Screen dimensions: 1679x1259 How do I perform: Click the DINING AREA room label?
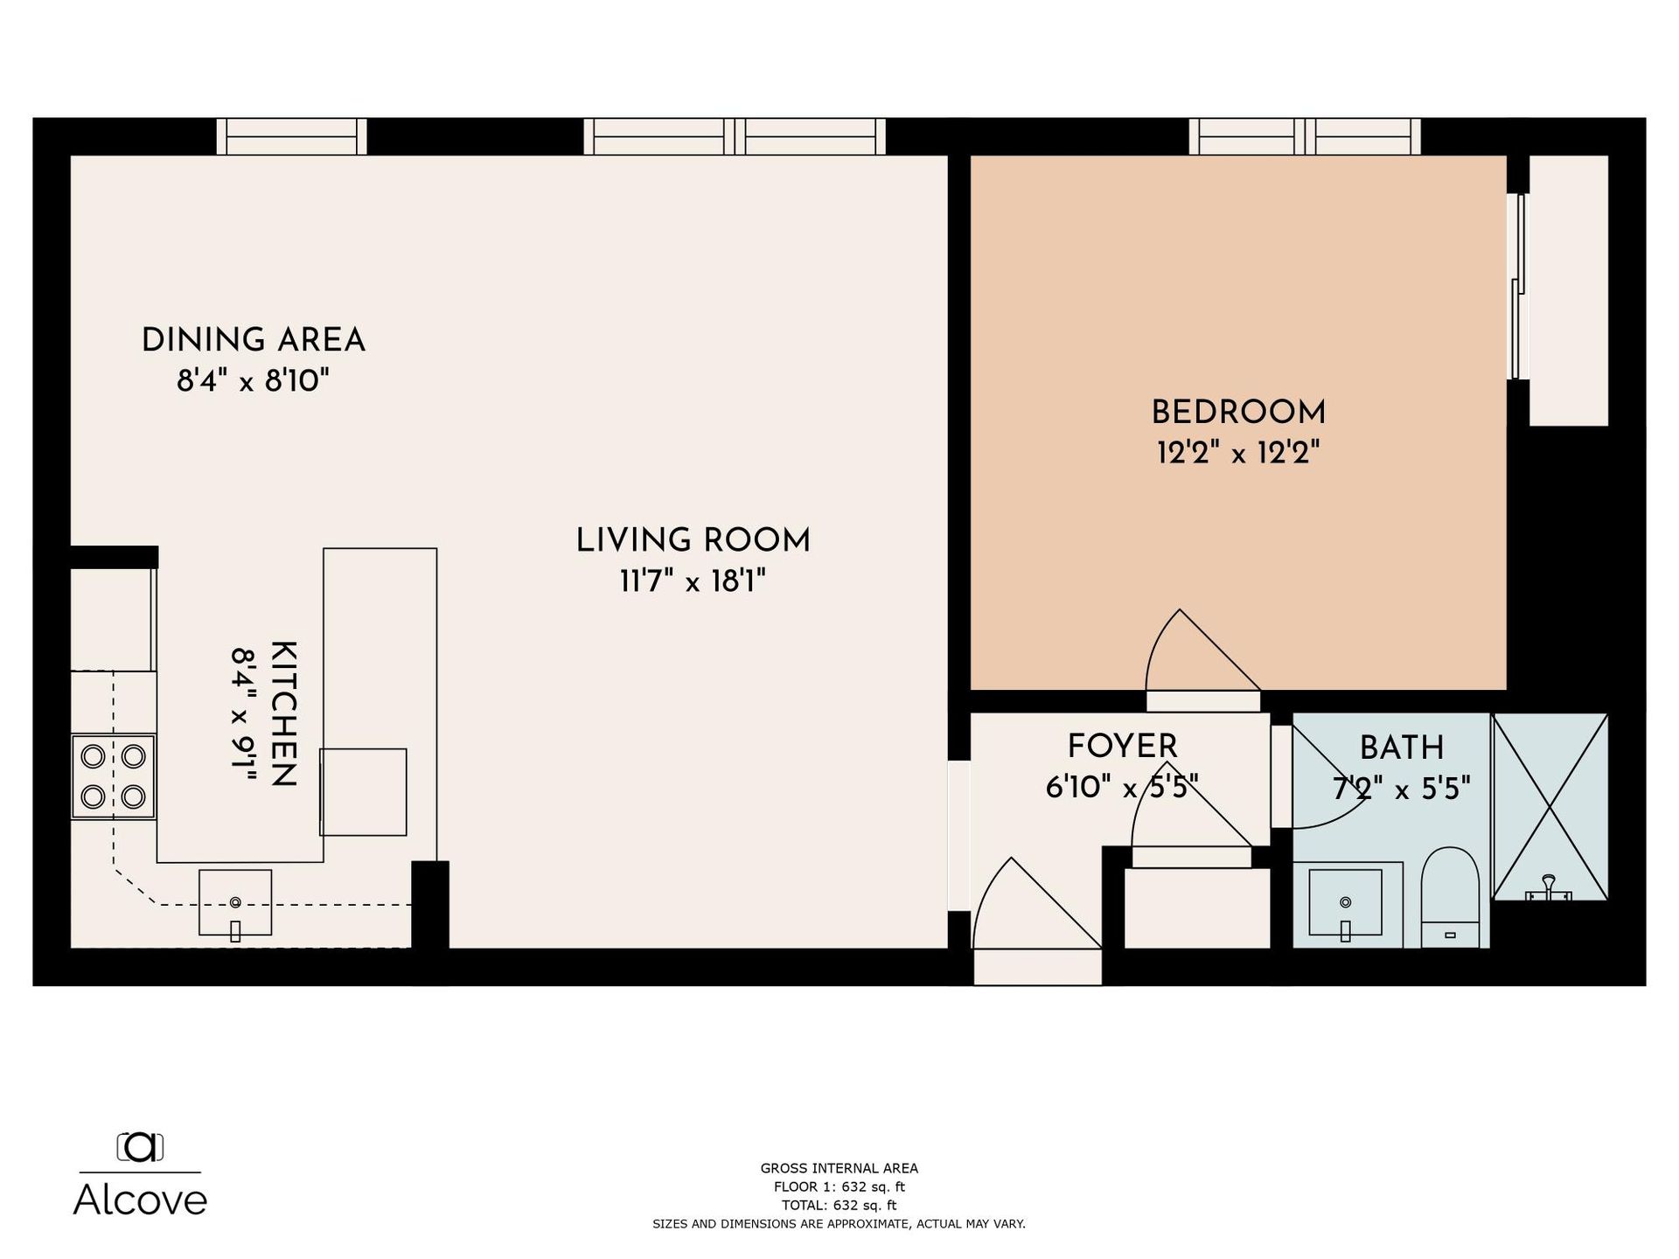254,340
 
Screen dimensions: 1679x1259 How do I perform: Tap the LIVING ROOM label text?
693,540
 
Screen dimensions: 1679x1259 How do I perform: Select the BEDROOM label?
1238,413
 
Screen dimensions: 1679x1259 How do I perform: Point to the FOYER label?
1123,747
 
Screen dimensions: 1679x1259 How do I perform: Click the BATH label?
1402,748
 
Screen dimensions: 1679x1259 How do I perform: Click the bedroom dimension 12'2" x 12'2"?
1238,453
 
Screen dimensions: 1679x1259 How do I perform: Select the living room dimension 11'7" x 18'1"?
693,581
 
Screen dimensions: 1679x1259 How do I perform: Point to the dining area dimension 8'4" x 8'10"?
254,381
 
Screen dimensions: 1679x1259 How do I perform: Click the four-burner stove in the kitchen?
114,776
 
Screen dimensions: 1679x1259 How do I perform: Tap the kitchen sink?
235,903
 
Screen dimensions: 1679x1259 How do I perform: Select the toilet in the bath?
1450,897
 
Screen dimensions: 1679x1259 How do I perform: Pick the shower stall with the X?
1550,807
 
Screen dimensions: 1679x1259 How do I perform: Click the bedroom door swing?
1203,650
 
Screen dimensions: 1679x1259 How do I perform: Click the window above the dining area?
292,136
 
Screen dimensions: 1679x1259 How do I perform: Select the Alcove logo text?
140,1200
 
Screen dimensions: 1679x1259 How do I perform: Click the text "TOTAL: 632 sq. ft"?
839,1205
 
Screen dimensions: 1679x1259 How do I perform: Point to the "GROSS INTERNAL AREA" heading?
839,1168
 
